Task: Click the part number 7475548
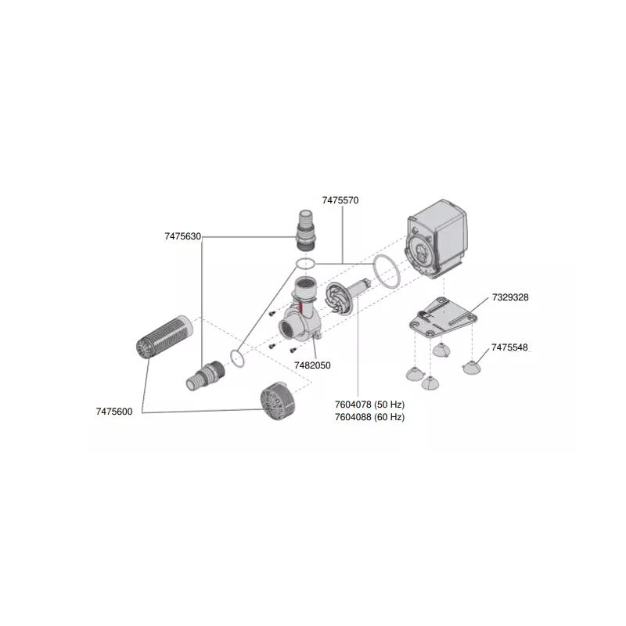[x=512, y=347]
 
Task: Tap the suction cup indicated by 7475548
[x=473, y=365]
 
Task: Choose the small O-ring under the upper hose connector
[x=305, y=263]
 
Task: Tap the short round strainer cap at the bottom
[x=277, y=398]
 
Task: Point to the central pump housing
[x=303, y=313]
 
